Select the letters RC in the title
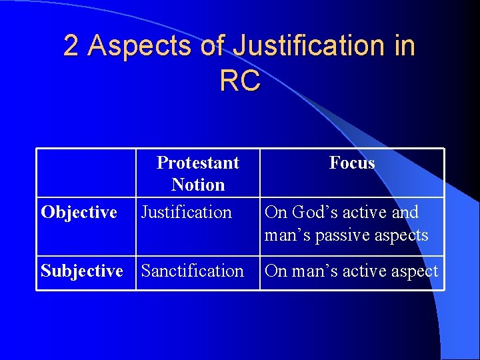[x=239, y=81]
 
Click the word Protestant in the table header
[x=198, y=163]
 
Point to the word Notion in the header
[x=198, y=185]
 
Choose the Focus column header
[x=352, y=163]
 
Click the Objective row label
[x=79, y=213]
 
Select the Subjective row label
[x=82, y=271]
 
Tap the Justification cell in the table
[x=187, y=213]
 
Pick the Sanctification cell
[x=193, y=271]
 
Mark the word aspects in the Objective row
[x=406, y=235]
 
